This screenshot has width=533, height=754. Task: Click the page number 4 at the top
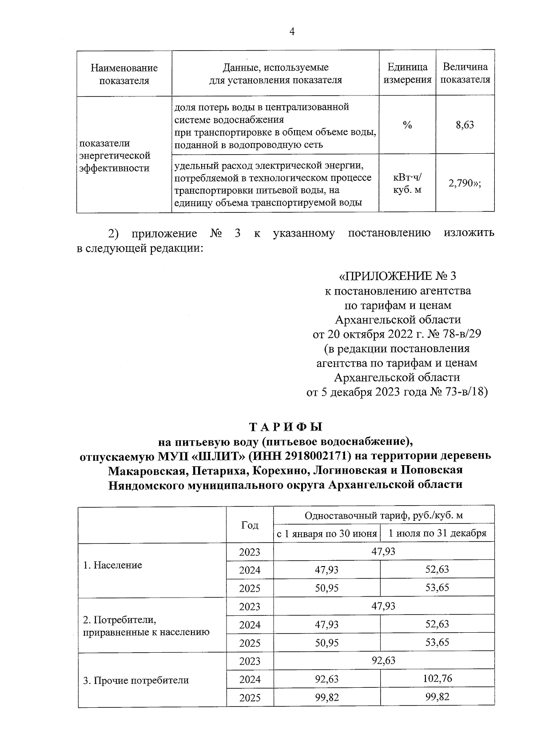(x=291, y=31)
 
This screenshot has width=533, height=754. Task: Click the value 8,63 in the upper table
(x=465, y=125)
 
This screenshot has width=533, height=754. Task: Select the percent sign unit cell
(x=407, y=125)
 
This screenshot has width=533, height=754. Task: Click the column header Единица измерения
(x=407, y=73)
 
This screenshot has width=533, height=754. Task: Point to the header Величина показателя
(x=465, y=73)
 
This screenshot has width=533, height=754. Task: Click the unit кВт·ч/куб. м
(x=407, y=184)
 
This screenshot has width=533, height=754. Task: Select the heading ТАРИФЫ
(x=285, y=427)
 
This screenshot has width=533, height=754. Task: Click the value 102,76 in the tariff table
(x=437, y=678)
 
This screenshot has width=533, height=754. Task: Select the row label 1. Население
(x=112, y=565)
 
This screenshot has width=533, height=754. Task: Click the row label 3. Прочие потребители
(x=136, y=680)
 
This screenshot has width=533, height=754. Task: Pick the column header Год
(x=250, y=525)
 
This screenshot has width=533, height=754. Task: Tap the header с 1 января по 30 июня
(x=326, y=534)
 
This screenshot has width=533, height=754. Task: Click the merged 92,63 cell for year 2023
(x=383, y=660)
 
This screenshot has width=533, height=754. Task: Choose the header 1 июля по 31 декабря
(x=437, y=533)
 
